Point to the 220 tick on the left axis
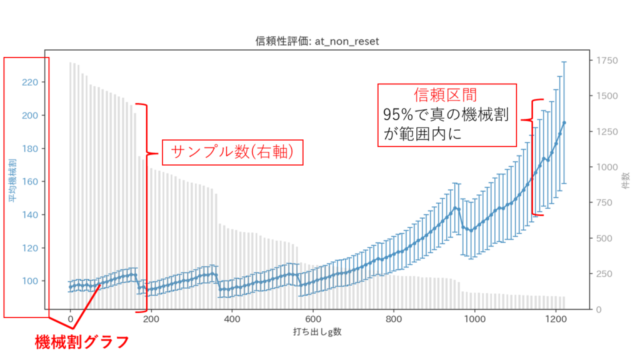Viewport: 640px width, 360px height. click(x=32, y=82)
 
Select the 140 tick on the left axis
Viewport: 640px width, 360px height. click(x=32, y=215)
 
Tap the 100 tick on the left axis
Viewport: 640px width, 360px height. click(x=32, y=281)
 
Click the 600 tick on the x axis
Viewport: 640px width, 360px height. click(x=312, y=319)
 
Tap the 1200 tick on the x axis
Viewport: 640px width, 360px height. click(x=555, y=319)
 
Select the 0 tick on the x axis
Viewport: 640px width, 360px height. click(x=71, y=319)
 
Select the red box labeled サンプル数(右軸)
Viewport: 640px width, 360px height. click(x=232, y=152)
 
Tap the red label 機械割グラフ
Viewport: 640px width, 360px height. click(x=82, y=342)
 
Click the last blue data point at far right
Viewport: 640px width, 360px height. click(x=564, y=122)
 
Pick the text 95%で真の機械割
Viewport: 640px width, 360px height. click(x=446, y=115)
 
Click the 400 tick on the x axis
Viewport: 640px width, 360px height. click(x=232, y=319)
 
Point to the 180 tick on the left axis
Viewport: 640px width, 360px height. click(x=32, y=149)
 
